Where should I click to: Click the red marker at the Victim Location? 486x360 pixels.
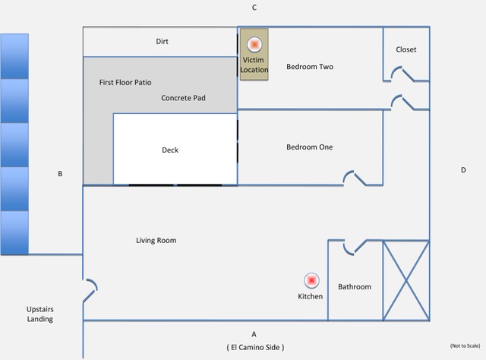click(x=254, y=45)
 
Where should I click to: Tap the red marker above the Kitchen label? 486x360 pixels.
click(x=311, y=280)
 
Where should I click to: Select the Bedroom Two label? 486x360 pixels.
click(x=310, y=67)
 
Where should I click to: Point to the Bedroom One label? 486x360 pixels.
click(x=310, y=147)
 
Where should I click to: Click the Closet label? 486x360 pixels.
click(x=406, y=49)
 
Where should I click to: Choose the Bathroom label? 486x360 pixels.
click(x=355, y=287)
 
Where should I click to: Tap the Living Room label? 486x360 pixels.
click(x=156, y=240)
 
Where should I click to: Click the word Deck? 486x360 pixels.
click(x=170, y=150)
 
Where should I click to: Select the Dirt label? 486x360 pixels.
click(x=162, y=41)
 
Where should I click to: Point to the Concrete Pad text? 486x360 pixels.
click(x=183, y=98)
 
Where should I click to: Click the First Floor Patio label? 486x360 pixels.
click(x=125, y=83)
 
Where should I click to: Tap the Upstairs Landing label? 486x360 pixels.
click(x=40, y=314)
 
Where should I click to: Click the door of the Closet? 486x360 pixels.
click(x=402, y=74)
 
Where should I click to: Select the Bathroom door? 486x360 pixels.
click(x=355, y=247)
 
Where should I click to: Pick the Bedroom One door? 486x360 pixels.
click(x=355, y=178)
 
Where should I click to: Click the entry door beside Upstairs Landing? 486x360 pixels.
click(x=90, y=291)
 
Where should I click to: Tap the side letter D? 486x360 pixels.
click(x=463, y=170)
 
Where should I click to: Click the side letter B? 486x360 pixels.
click(x=60, y=174)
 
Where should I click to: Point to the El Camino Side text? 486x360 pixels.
click(x=255, y=347)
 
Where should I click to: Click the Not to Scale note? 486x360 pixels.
click(x=465, y=346)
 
